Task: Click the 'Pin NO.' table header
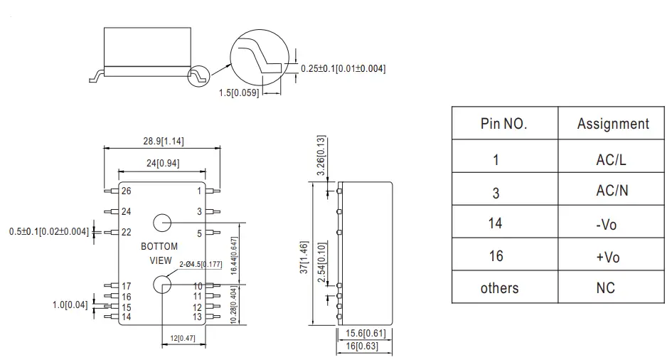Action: point(503,124)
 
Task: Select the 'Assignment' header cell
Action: point(613,124)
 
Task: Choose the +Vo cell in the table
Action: point(607,256)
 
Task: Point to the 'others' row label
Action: point(499,288)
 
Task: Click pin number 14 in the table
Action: point(496,223)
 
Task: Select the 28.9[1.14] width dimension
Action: point(164,142)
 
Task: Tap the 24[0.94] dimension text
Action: point(163,162)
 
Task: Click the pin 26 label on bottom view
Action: point(126,191)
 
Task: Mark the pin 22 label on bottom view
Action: point(126,232)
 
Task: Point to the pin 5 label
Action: point(199,233)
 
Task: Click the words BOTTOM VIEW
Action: point(159,253)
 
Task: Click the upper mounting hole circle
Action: point(163,223)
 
